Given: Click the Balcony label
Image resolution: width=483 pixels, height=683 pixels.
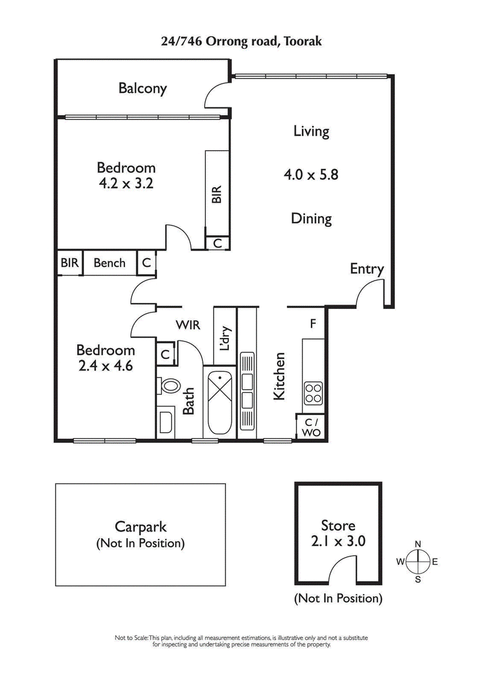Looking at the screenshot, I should click(x=142, y=89).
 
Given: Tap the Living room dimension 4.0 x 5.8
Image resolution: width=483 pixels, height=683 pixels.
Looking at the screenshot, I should click(x=311, y=175).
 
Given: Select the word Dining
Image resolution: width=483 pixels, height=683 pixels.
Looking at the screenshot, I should click(x=312, y=218).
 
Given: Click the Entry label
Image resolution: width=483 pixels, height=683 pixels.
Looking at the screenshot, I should click(x=366, y=269).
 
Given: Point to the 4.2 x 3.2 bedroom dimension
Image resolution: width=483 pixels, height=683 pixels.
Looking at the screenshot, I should click(x=126, y=183).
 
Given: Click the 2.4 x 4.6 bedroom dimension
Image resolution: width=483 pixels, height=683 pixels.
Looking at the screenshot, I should click(x=105, y=365).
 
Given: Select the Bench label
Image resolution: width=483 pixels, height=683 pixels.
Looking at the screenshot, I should click(x=109, y=263).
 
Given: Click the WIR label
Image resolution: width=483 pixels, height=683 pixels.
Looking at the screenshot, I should click(x=188, y=325).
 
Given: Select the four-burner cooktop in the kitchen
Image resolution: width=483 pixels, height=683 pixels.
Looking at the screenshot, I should click(x=312, y=393).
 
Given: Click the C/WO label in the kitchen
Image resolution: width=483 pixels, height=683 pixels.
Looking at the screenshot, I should click(x=310, y=427).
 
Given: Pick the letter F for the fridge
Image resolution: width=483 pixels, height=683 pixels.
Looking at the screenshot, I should click(x=313, y=324).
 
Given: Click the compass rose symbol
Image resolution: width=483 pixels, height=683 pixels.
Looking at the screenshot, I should click(x=417, y=562).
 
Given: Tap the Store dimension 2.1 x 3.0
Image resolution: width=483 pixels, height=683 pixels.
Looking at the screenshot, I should click(x=338, y=541).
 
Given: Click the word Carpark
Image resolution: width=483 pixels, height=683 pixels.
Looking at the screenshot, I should click(x=141, y=527).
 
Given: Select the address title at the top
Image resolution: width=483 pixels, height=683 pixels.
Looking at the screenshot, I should click(x=241, y=41).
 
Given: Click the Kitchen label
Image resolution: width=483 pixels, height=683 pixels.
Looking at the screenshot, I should click(x=279, y=376).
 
